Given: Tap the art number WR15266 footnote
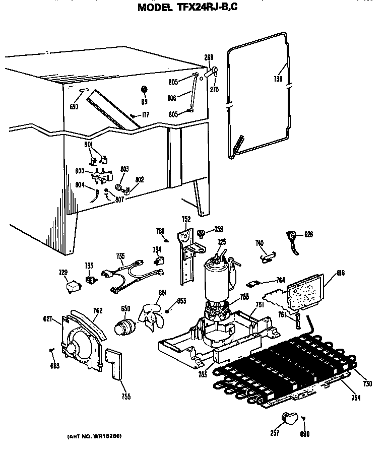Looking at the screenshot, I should [x=95, y=435].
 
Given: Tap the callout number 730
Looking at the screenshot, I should [x=367, y=384].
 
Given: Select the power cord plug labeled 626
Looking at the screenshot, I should [x=292, y=237].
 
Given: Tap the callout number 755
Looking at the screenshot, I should [x=125, y=397].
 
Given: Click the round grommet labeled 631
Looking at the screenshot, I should [x=144, y=90].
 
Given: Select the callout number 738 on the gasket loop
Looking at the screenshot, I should [x=278, y=79].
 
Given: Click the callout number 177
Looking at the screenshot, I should [x=146, y=115].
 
